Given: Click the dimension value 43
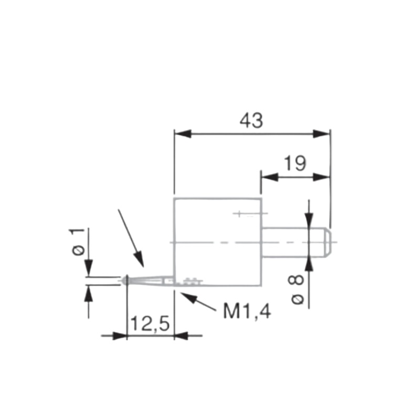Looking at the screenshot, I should point(251,120).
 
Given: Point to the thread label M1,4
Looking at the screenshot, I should point(247,311).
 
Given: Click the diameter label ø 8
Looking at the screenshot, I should point(297,289).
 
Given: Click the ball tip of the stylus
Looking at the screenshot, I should point(125,280).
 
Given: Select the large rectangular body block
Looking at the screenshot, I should point(217,241).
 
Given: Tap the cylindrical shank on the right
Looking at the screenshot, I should point(291,242).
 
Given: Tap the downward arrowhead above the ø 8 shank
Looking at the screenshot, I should point(309,222).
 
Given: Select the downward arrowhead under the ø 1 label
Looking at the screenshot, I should point(88,269).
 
